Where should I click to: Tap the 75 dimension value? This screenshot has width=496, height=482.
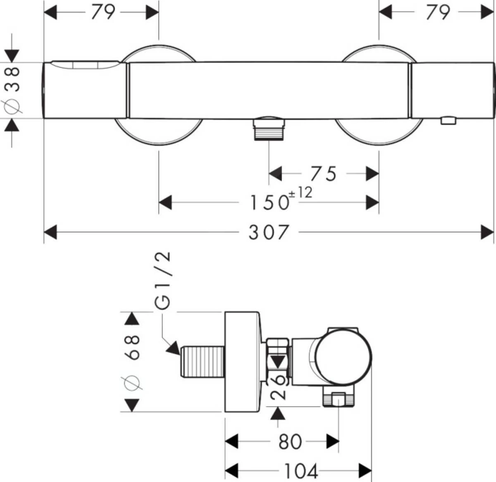coord(323,174)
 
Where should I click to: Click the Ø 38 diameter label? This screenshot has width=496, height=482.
coord(13,90)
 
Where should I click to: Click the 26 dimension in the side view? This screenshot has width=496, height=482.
coord(279,386)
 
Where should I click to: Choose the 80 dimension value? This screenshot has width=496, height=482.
coord(290,441)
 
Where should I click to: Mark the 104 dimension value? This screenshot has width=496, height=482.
coord(301,470)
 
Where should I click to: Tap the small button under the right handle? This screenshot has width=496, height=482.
coord(448,121)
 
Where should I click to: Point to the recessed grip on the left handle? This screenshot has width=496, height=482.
coord(85,65)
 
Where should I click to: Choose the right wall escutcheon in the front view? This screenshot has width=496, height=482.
coord(378,132)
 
